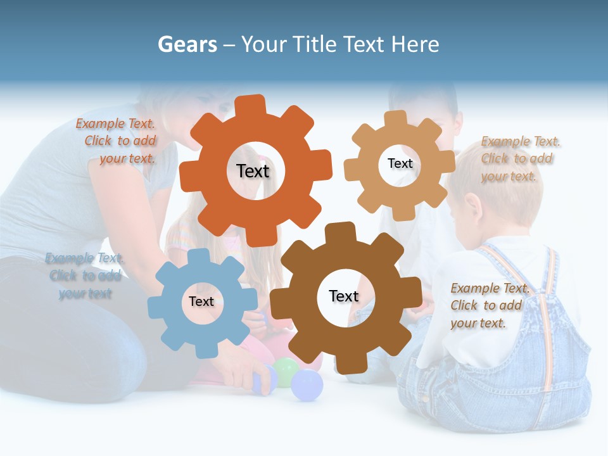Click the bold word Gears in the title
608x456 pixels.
(187, 44)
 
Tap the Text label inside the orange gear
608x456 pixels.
(253, 171)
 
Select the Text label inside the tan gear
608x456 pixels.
(400, 163)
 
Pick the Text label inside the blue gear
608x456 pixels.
(201, 301)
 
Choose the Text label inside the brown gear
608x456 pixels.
(344, 296)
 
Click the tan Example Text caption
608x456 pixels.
(519, 158)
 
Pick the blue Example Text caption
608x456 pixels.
(85, 275)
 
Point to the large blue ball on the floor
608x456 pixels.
(307, 385)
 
